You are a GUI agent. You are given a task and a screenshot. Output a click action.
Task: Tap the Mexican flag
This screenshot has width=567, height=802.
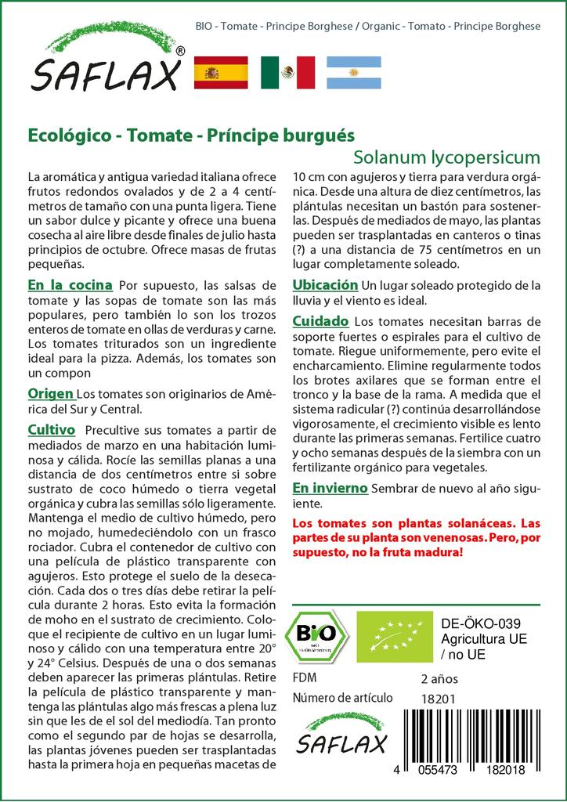(x=287, y=72)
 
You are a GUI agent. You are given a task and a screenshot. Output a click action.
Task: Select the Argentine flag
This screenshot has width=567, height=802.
(x=353, y=72)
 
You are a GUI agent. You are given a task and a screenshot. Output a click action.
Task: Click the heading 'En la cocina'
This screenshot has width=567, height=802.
(x=70, y=284)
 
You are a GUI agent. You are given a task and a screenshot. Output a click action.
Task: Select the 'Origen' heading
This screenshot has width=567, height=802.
(x=51, y=393)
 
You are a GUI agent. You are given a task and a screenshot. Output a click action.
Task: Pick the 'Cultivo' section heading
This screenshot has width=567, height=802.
(x=51, y=430)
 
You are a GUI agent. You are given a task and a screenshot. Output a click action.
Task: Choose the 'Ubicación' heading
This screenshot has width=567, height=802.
(x=325, y=284)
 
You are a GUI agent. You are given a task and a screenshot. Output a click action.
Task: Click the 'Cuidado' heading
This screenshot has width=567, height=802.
(x=320, y=321)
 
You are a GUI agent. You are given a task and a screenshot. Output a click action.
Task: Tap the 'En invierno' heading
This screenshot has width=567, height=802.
(x=330, y=487)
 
